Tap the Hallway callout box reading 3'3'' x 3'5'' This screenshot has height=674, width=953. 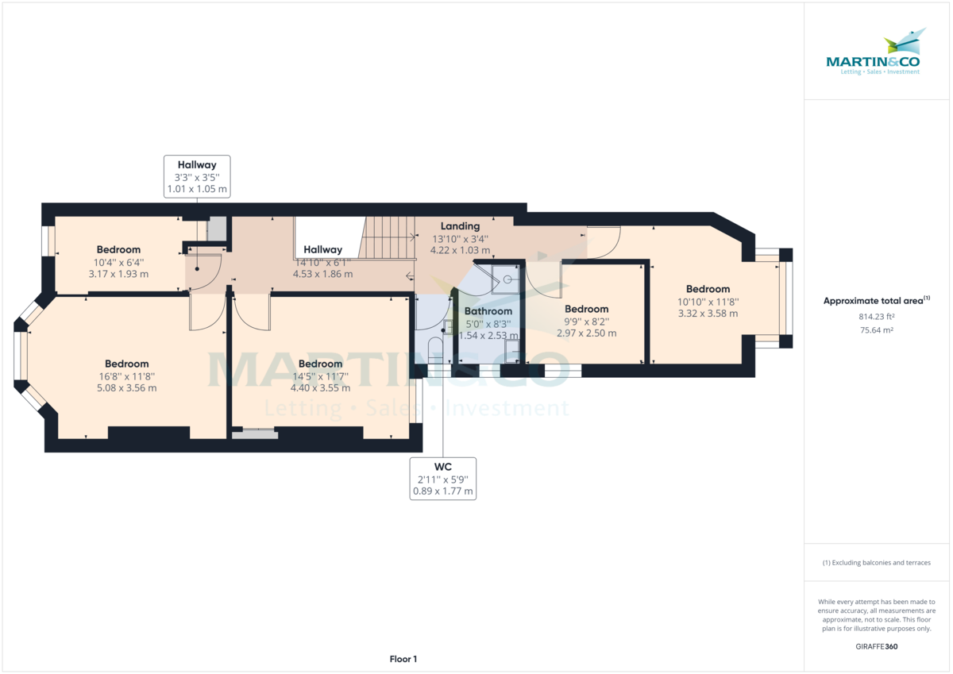point(196,177)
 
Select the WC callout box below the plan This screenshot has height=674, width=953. point(442,479)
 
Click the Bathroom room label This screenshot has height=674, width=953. point(488,311)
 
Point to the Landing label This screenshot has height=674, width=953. point(460,226)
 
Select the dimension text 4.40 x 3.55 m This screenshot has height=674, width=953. point(320,388)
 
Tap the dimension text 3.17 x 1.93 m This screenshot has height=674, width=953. point(118,274)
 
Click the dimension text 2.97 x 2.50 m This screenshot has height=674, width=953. point(586,333)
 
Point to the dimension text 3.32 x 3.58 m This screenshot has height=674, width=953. point(708,314)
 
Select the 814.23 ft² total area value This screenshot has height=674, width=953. point(878,315)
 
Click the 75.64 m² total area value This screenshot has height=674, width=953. point(878,329)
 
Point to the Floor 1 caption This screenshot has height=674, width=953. point(403,659)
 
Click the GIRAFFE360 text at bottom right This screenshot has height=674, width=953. point(878,646)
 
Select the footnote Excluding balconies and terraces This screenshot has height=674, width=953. point(878,562)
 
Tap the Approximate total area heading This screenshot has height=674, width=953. point(877,301)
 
